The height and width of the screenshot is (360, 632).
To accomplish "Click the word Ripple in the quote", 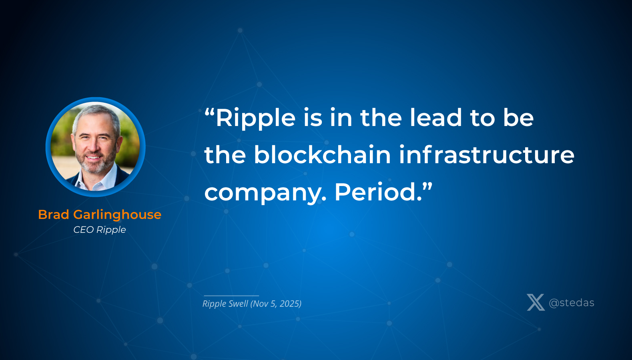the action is coord(256,118).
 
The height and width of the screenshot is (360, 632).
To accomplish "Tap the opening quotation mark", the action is coord(210,112).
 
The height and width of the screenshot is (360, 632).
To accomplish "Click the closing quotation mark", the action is coord(427,187).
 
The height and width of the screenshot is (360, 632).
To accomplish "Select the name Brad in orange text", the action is coord(54,214).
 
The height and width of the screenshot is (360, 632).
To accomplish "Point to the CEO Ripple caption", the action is coord(100,230).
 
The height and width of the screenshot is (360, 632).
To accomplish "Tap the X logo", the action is coord(536,302).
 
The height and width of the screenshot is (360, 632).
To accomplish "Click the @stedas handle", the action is coord(572,303).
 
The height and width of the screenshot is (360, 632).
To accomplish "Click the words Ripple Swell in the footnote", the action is coord(225,304).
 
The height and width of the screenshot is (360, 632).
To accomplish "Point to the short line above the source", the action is coord(231,296).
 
